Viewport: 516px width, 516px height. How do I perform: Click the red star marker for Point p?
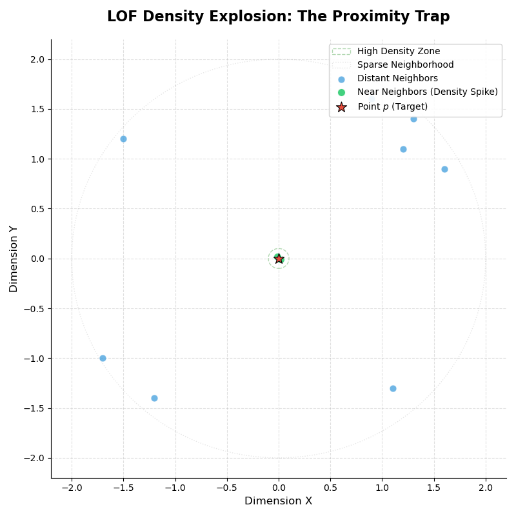[279, 259]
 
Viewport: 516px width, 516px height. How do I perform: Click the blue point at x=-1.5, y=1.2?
[123, 139]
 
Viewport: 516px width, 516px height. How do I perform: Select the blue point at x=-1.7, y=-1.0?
[103, 358]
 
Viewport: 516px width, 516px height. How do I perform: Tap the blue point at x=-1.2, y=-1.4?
[154, 398]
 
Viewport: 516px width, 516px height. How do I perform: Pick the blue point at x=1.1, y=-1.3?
[393, 388]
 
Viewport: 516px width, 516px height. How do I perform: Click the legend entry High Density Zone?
[399, 52]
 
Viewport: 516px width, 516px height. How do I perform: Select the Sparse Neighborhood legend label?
[405, 65]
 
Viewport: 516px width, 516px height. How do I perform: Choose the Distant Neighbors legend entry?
[397, 79]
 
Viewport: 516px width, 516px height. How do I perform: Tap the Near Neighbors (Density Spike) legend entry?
[427, 92]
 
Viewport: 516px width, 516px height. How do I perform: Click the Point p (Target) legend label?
[392, 106]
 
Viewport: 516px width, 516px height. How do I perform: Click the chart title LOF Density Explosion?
[279, 17]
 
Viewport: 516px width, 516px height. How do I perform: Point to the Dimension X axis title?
[279, 501]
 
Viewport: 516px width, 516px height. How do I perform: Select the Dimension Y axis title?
[14, 259]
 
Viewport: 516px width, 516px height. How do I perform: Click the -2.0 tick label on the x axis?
[72, 488]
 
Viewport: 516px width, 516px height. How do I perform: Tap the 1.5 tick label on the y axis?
[37, 109]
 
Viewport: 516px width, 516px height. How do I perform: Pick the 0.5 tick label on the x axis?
[330, 488]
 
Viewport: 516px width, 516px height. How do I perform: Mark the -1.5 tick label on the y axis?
[34, 408]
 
